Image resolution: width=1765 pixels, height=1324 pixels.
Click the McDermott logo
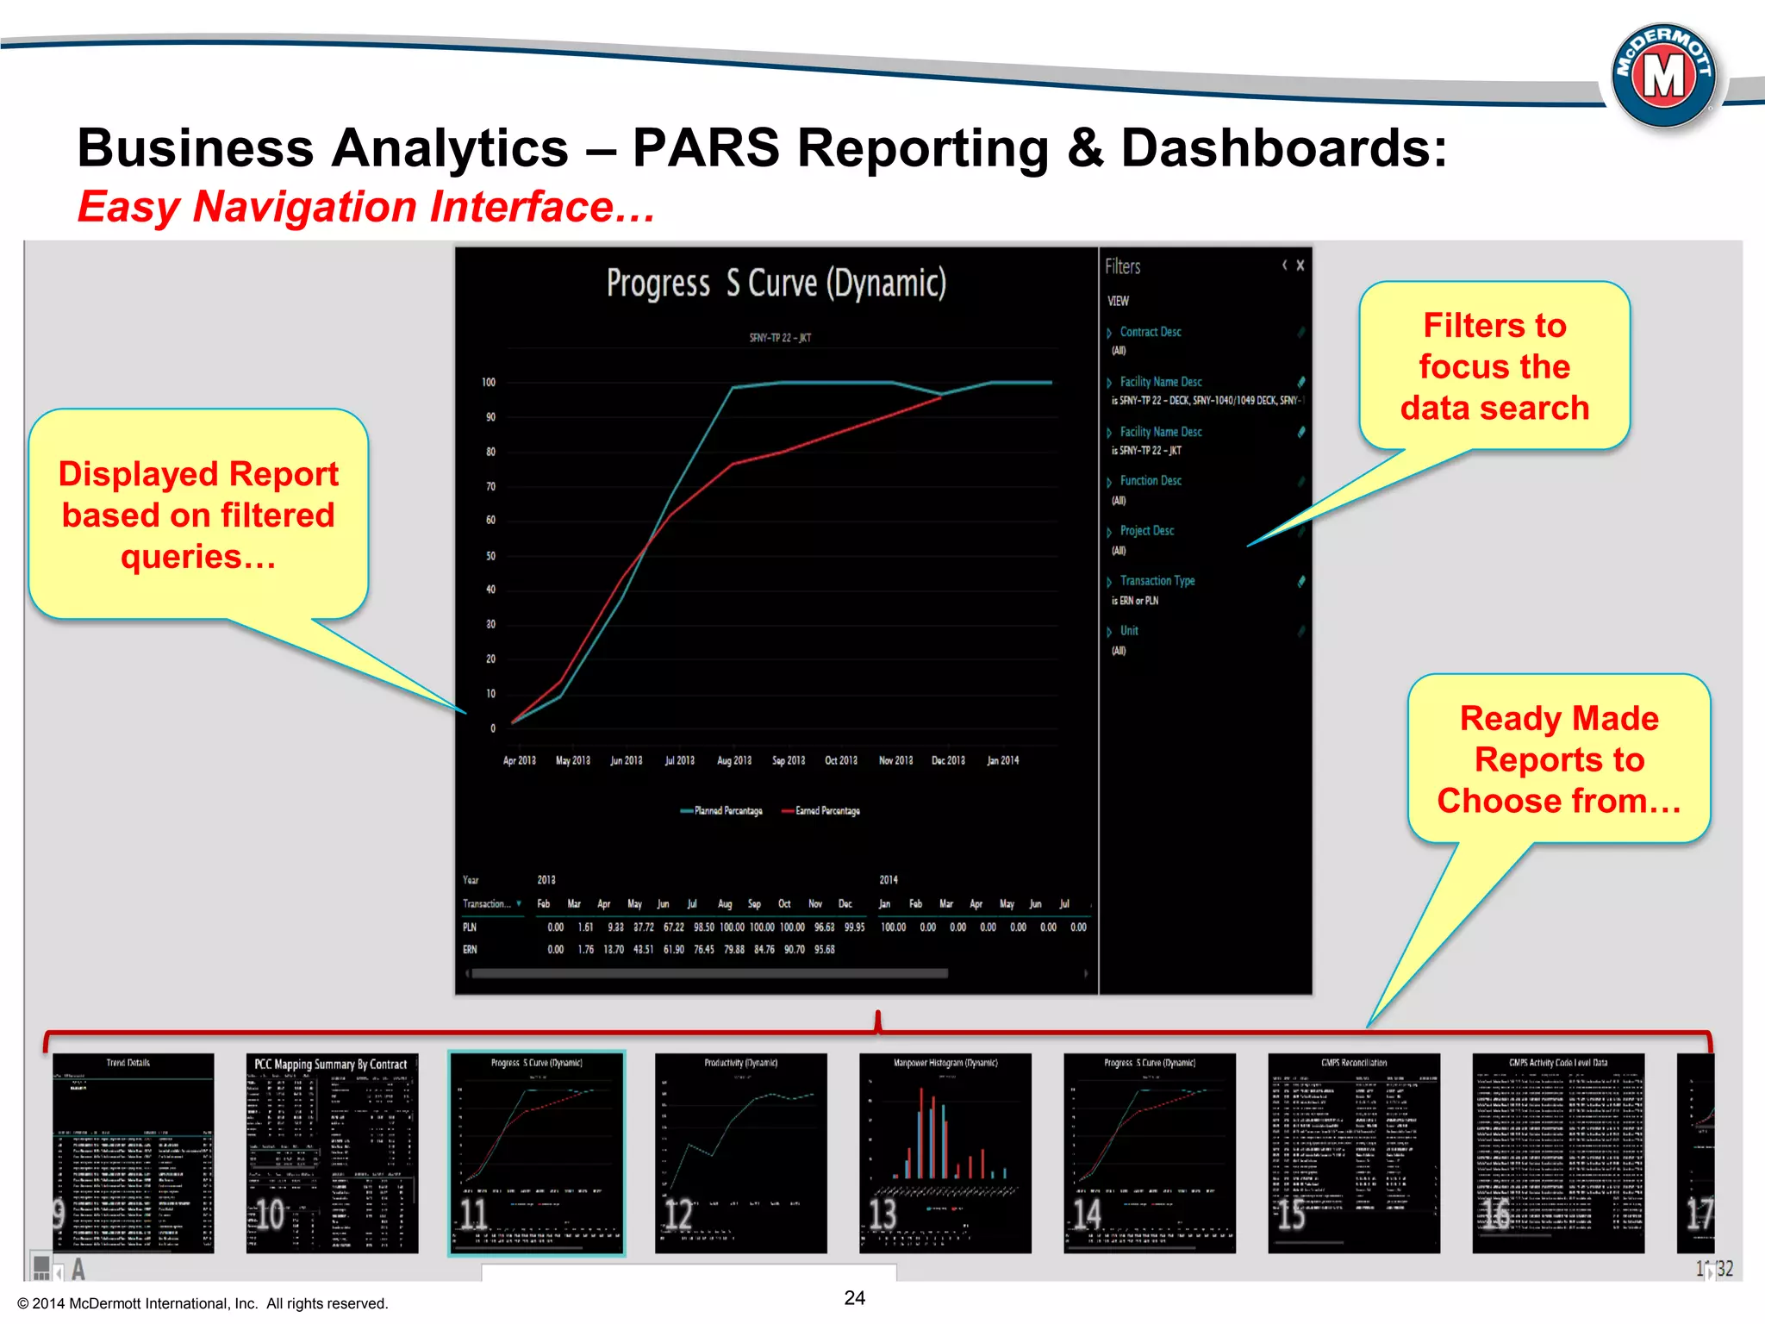(1663, 76)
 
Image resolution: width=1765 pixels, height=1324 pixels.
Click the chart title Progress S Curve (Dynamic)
(776, 284)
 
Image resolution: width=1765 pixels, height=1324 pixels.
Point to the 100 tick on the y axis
(489, 382)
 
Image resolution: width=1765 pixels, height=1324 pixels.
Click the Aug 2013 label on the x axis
(734, 760)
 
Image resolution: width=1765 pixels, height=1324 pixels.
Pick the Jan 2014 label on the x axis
(1002, 760)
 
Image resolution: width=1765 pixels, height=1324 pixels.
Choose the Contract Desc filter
(1150, 332)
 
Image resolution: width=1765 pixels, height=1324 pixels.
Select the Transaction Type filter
(1157, 581)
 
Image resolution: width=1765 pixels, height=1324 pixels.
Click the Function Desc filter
(1150, 481)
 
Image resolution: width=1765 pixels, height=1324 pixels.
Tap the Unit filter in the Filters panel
(1128, 631)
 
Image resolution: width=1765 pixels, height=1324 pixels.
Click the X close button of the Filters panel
(1300, 265)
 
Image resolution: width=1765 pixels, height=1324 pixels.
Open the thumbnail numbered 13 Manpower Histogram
(945, 1152)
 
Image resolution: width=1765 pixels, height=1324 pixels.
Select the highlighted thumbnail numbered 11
(536, 1152)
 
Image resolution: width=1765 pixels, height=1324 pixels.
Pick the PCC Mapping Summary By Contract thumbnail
(332, 1152)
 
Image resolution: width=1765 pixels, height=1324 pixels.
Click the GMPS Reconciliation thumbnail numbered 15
(1353, 1152)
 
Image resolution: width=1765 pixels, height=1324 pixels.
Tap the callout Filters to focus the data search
(1494, 366)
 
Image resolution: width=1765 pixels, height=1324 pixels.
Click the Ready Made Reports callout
(1558, 759)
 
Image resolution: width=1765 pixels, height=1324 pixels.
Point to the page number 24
(854, 1298)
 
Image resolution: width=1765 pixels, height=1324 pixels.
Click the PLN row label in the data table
(470, 927)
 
